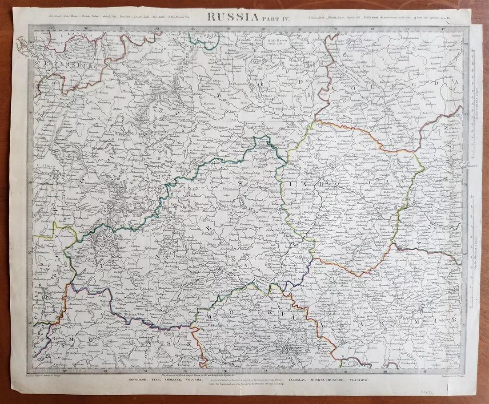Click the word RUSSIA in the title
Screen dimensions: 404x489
pos(232,17)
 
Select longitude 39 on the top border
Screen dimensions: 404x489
pos(336,29)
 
